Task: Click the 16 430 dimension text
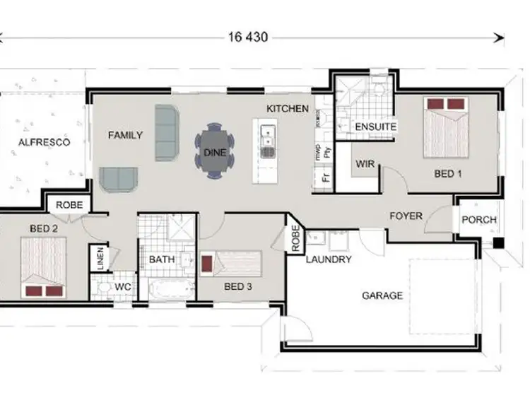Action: click(x=247, y=37)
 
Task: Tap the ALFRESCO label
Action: click(x=44, y=142)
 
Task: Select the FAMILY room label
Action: click(x=125, y=135)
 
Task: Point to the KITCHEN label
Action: click(x=287, y=109)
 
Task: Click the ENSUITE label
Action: click(x=375, y=127)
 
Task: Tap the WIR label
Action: click(x=365, y=163)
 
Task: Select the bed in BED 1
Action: click(x=447, y=127)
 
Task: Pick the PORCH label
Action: click(x=478, y=220)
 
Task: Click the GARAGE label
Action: click(x=382, y=295)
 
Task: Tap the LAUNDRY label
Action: click(x=329, y=259)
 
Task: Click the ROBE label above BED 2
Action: click(x=69, y=206)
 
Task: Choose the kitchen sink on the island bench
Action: click(x=267, y=139)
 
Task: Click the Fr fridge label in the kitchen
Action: click(x=325, y=176)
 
